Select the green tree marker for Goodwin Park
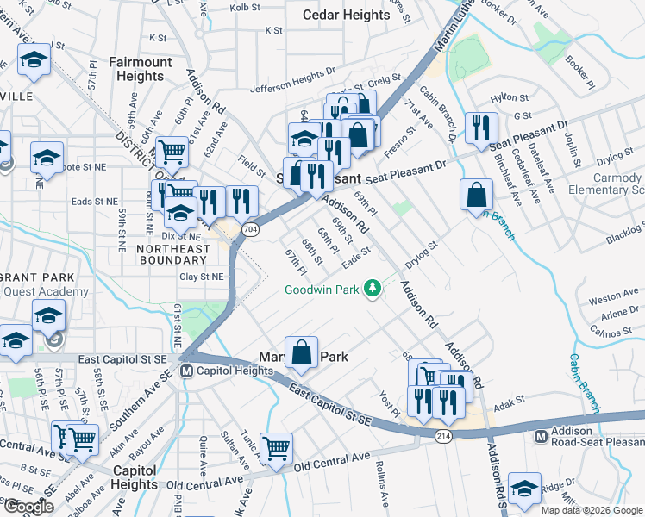tap(373, 288)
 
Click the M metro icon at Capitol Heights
tap(186, 371)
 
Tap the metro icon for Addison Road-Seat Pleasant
tap(541, 436)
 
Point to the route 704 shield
tap(250, 229)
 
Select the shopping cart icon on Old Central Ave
tap(277, 447)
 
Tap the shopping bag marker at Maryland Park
tap(301, 352)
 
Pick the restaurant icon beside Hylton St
tap(478, 128)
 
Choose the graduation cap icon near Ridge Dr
tap(524, 488)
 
